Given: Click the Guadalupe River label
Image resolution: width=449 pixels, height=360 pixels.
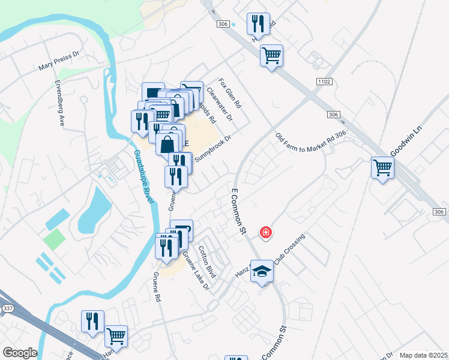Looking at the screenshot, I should click(x=143, y=180).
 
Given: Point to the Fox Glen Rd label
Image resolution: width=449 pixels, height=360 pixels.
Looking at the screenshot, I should click(x=229, y=92).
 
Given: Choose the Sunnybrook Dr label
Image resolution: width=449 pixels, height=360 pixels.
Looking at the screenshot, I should click(x=212, y=147).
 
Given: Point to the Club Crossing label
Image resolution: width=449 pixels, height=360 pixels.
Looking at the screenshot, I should click(x=290, y=248).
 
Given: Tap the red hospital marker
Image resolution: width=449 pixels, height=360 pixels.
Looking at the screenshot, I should click(x=265, y=232).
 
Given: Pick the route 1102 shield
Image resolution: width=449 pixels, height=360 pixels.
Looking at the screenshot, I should click(x=322, y=80).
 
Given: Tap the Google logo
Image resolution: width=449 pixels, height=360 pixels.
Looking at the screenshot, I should click(x=20, y=353).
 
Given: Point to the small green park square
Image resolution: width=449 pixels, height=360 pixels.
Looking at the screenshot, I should click(x=54, y=239).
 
